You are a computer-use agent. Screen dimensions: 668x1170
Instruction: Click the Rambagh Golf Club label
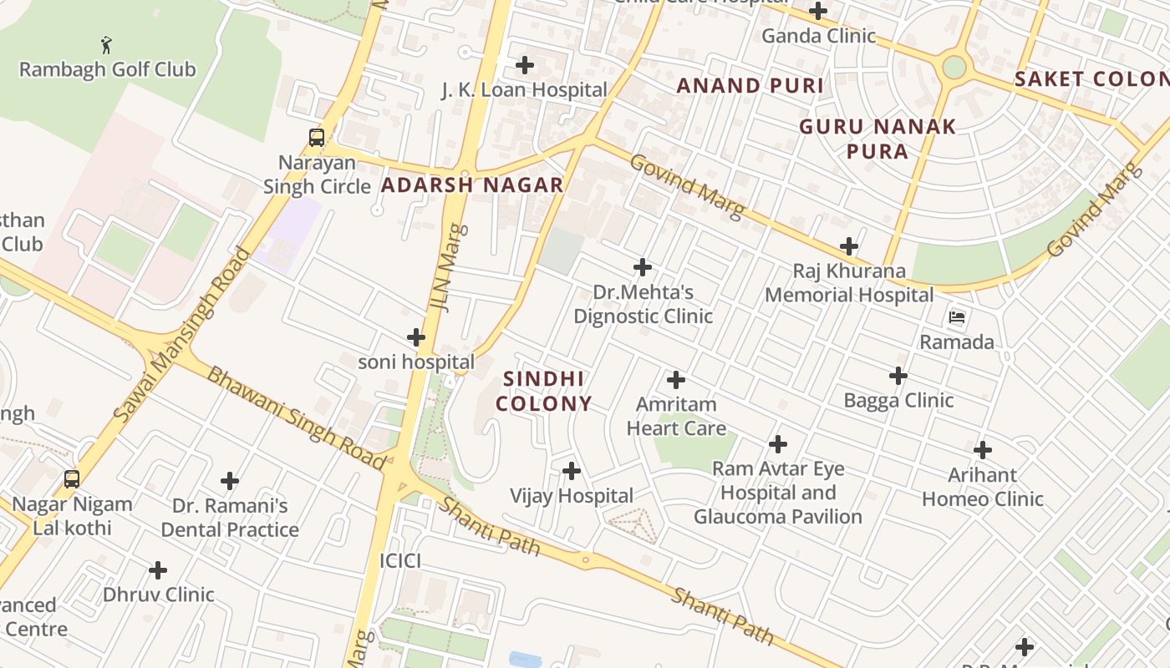(107, 69)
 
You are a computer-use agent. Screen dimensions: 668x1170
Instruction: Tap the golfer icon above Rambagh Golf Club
(106, 44)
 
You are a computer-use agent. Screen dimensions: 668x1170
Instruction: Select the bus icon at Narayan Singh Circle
(317, 138)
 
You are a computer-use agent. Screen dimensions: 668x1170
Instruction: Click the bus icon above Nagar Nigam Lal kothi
(72, 479)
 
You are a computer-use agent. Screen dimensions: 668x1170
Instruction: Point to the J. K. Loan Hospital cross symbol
(525, 65)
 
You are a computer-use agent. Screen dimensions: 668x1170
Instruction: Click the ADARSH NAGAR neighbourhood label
(472, 185)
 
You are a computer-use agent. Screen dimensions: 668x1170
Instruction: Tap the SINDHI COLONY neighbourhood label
(544, 392)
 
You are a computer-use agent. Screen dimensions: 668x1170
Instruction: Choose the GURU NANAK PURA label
(877, 139)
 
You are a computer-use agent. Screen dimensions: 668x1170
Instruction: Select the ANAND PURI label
(750, 85)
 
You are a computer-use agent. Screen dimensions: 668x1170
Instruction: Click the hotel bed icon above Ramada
(957, 317)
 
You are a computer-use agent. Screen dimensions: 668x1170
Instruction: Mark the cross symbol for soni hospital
(416, 337)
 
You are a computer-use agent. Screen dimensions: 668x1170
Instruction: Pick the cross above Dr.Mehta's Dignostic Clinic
(643, 267)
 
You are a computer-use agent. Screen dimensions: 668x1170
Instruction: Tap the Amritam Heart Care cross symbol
(676, 380)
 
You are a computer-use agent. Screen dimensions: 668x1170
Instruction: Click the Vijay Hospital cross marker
(572, 472)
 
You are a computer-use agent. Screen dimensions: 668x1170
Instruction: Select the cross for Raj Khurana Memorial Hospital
(849, 246)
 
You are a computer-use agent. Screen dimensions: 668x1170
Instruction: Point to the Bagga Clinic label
(898, 401)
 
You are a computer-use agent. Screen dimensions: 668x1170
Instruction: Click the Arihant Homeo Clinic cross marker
(983, 450)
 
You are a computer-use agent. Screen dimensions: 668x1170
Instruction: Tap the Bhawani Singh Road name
(297, 418)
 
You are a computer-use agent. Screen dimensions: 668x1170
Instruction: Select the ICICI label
(400, 561)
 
